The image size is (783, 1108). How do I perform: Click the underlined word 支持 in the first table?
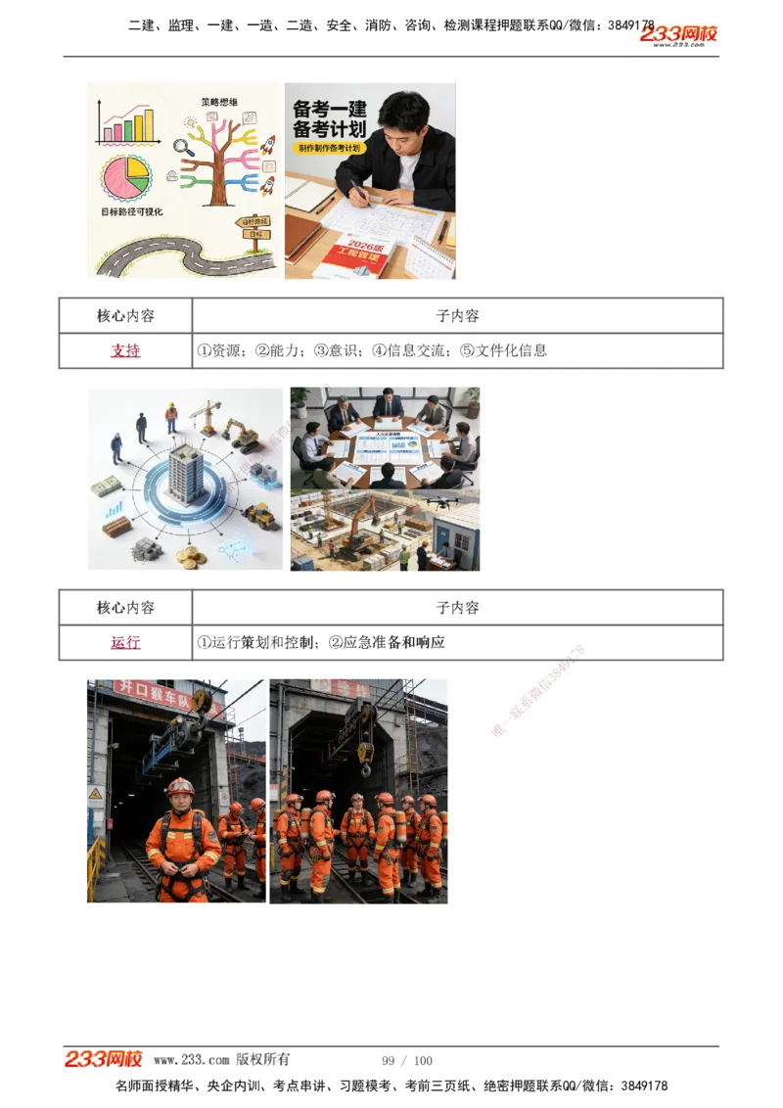(125, 350)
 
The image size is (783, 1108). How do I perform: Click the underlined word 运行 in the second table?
(125, 642)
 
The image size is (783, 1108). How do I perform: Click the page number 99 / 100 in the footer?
(407, 1060)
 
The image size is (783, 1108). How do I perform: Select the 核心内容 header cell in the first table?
(125, 316)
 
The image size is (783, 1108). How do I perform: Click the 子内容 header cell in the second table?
(457, 608)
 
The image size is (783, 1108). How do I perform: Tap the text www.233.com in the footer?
(192, 1060)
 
